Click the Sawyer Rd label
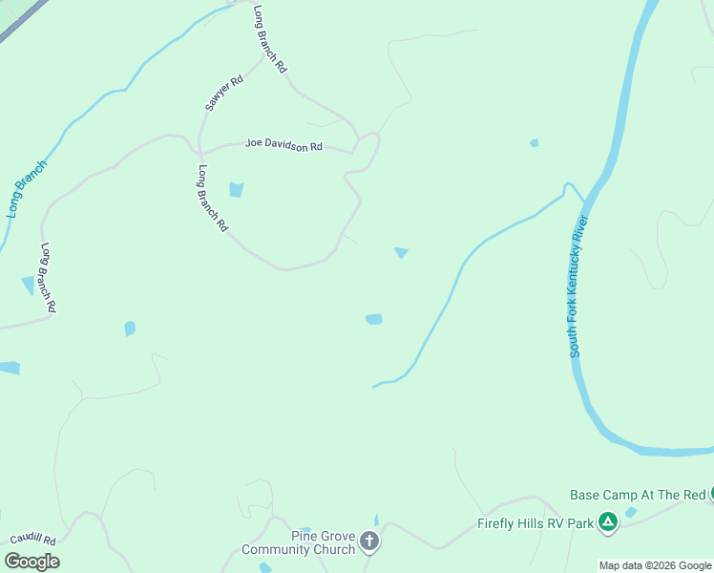point(224,94)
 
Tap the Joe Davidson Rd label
point(284,145)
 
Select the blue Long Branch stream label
point(27,187)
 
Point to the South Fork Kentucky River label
point(580,286)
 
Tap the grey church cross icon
point(368,542)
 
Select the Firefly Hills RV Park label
point(535,523)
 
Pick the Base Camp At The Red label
point(637,495)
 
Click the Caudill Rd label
point(34,541)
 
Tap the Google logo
point(31,561)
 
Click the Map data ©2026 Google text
point(655,565)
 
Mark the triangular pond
point(402,253)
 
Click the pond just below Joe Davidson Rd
point(236,189)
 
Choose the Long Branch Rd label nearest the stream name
point(49,278)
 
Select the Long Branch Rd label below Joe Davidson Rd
point(213,199)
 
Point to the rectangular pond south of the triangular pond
point(374,319)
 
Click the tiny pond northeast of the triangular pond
point(534,143)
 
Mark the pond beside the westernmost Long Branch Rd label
point(28,286)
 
